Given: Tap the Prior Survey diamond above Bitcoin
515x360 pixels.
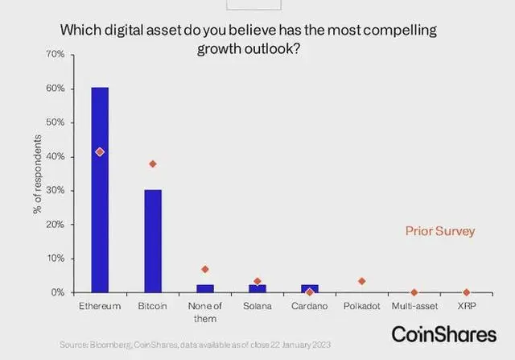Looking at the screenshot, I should (152, 163).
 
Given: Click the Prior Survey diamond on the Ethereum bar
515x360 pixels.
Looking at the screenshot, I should (100, 151).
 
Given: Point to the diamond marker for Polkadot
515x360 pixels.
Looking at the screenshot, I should (361, 281).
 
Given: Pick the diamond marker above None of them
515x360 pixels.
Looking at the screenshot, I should (205, 269).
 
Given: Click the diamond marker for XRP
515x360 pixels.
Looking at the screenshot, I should (466, 292).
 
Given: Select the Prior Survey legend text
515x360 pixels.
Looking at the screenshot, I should (439, 231).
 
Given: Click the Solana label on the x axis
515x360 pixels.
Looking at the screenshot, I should (257, 307).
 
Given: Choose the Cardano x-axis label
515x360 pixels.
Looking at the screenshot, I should (309, 307).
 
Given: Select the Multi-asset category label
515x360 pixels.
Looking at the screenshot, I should (414, 307).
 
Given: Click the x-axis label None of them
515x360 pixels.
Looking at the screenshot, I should (205, 312).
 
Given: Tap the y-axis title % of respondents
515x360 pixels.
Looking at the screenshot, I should (38, 174).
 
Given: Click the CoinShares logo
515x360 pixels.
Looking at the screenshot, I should (443, 334).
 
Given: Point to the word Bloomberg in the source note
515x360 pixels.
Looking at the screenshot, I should (109, 346).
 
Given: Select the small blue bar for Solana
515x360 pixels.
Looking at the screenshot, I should (257, 288).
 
